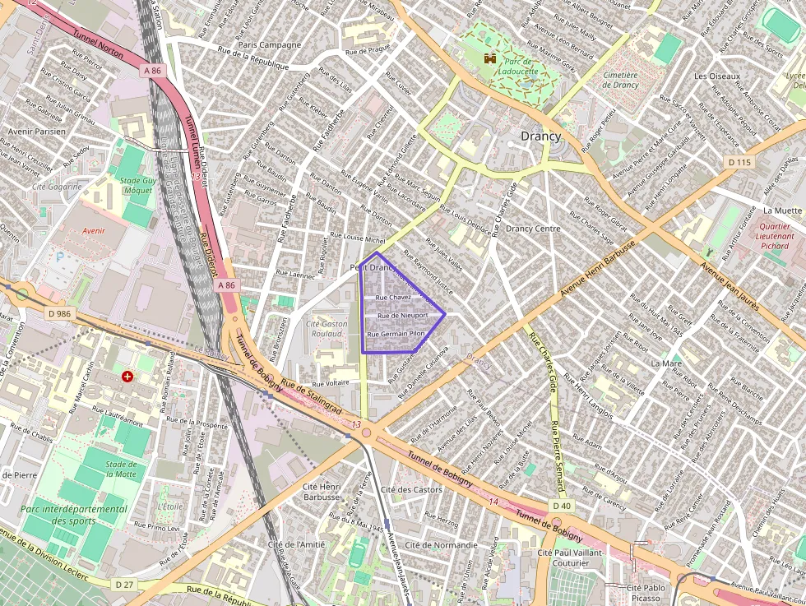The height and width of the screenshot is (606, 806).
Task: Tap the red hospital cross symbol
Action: click(127, 377)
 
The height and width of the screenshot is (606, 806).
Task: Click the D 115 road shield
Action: click(740, 162)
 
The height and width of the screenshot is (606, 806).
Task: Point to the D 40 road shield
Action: click(562, 506)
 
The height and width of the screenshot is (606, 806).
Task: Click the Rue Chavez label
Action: click(393, 297)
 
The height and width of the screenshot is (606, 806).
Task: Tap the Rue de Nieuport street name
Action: click(402, 315)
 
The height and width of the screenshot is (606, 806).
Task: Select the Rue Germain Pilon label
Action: click(396, 334)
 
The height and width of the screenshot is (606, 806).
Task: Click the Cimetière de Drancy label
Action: click(620, 80)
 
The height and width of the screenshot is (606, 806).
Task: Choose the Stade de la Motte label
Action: click(121, 470)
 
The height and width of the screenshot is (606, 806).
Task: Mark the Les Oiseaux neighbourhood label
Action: click(717, 76)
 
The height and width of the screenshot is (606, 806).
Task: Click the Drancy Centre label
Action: click(533, 229)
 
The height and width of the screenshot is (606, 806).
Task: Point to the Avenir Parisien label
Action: click(36, 131)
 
